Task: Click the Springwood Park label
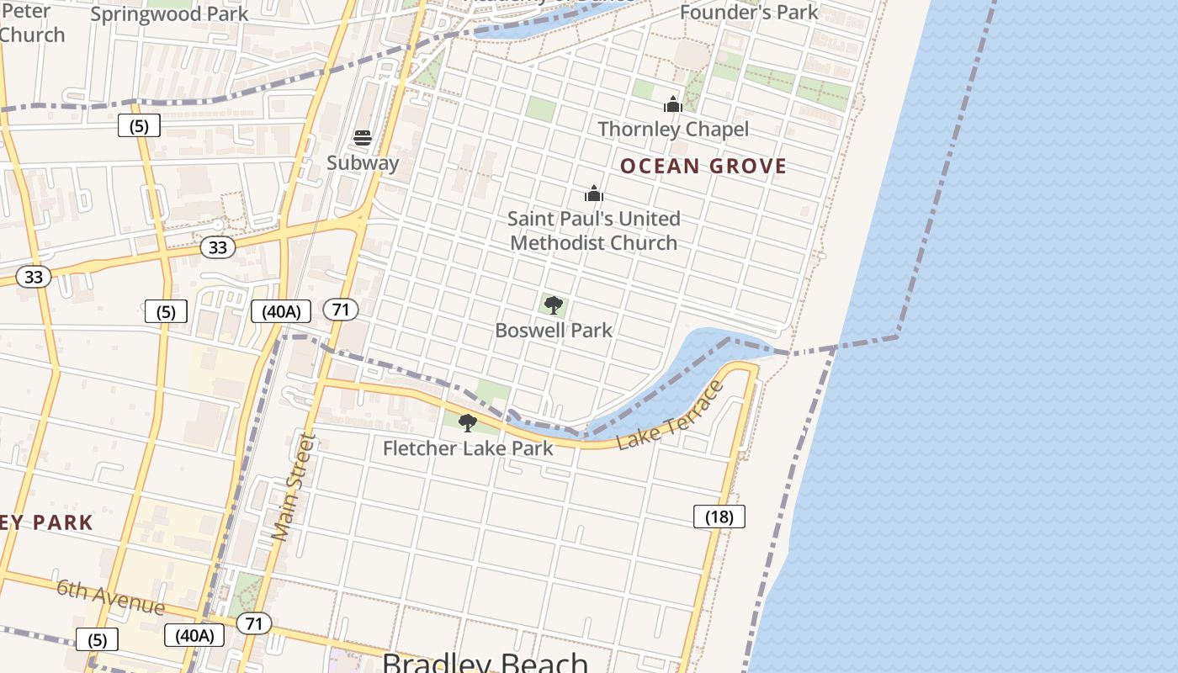(x=169, y=14)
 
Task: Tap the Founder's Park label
(x=749, y=12)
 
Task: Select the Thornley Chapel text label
(x=673, y=129)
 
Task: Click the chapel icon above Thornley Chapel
(x=673, y=104)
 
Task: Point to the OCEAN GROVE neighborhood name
(x=703, y=167)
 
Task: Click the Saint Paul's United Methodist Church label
(x=594, y=231)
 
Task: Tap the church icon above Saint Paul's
(x=594, y=194)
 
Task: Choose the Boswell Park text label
(x=554, y=330)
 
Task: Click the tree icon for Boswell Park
(x=553, y=305)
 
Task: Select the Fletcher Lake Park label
(x=468, y=448)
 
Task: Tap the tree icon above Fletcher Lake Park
(x=468, y=423)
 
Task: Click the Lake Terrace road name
(x=671, y=416)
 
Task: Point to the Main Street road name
(x=294, y=486)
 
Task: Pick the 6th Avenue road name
(x=111, y=596)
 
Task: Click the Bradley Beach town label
(x=485, y=662)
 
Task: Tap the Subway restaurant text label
(x=363, y=162)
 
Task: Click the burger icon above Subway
(x=363, y=138)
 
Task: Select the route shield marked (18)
(x=719, y=517)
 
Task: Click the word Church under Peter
(x=32, y=34)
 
